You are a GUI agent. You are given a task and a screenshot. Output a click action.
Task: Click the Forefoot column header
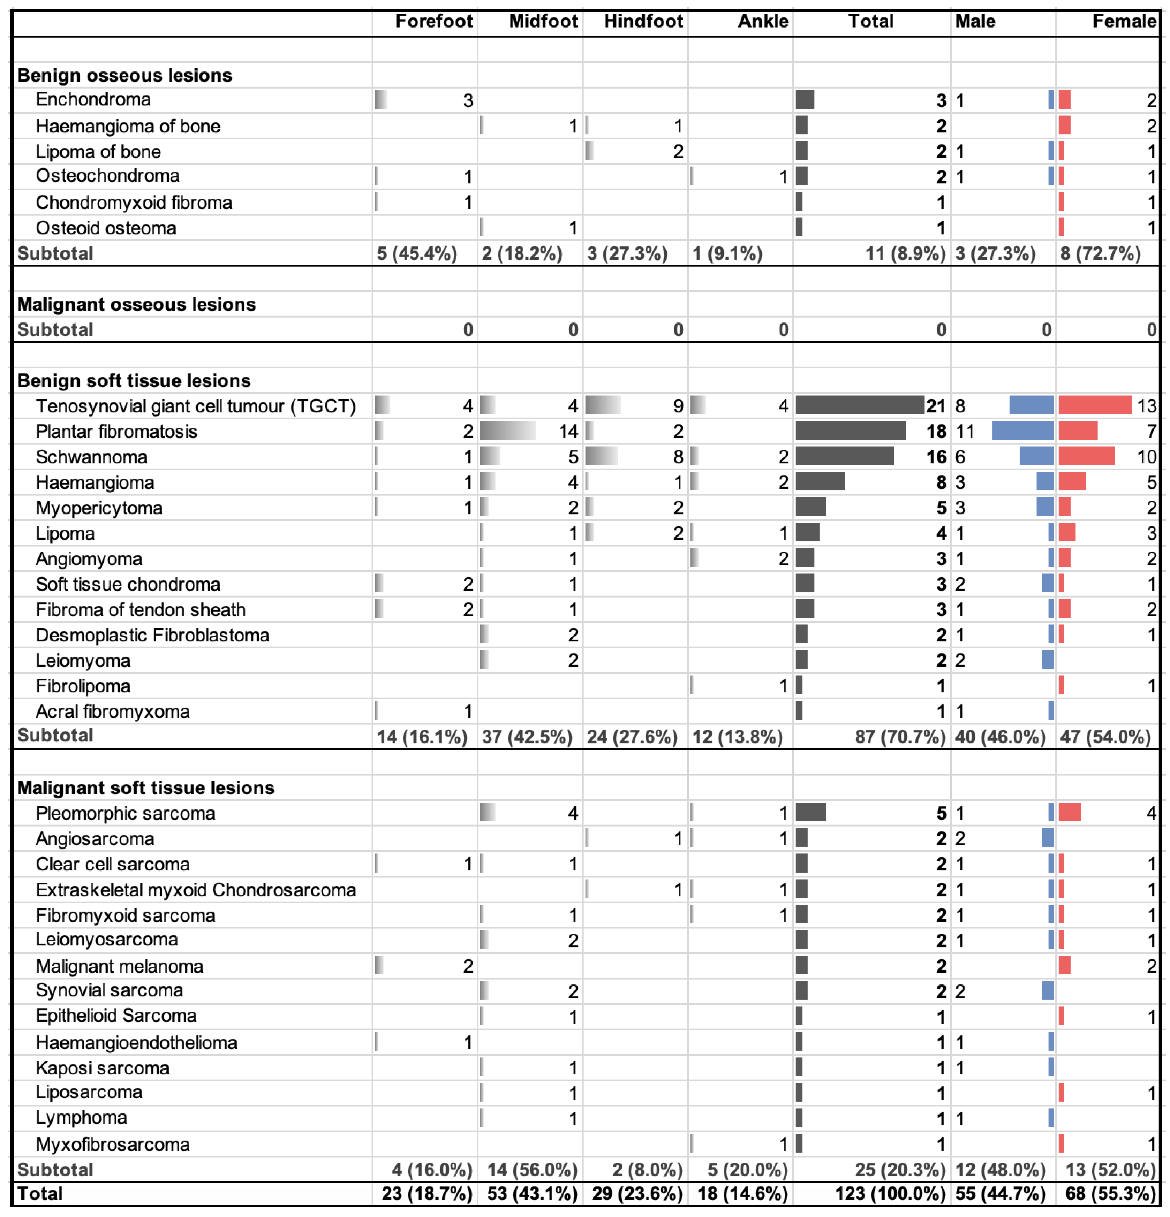[x=433, y=22]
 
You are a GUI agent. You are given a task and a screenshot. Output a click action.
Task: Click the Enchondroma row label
[x=93, y=99]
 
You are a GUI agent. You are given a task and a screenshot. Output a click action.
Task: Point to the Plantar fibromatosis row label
[x=116, y=432]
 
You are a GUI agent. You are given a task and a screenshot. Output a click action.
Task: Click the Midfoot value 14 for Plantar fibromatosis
[x=568, y=432]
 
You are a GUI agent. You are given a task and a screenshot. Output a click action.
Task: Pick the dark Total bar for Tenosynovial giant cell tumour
[x=860, y=405]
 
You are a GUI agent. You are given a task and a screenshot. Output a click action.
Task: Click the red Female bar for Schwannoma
[x=1086, y=456]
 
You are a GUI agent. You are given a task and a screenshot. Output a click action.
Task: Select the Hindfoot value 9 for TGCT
[x=678, y=406]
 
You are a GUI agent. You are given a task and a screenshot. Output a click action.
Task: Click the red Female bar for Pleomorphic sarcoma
[x=1070, y=812]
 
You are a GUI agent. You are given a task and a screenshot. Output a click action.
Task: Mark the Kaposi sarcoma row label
[x=103, y=1068]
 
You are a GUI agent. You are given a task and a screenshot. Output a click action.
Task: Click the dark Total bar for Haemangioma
[x=820, y=482]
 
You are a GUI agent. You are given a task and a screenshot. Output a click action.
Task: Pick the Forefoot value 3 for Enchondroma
[x=468, y=101]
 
